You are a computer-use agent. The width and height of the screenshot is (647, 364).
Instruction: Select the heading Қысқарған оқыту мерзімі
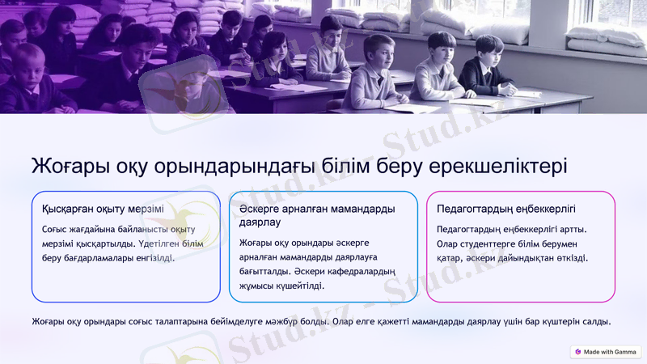pos(103,209)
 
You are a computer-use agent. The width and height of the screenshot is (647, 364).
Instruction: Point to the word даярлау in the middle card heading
pos(260,222)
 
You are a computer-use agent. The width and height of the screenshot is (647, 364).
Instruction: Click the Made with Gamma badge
pos(606,352)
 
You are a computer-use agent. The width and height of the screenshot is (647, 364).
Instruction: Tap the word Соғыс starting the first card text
pos(57,229)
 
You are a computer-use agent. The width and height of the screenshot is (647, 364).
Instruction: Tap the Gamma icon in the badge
pos(577,352)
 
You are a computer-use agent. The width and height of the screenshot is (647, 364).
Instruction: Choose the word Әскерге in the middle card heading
pos(260,209)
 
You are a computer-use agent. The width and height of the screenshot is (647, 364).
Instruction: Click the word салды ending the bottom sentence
pos(594,322)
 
